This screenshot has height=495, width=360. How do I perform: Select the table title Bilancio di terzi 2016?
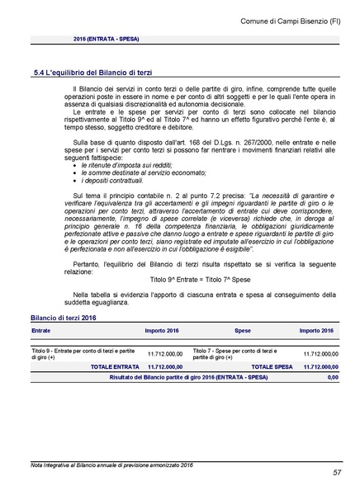(63, 317)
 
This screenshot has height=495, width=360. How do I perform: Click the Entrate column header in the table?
(40, 330)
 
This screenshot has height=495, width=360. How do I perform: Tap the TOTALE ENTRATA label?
(115, 365)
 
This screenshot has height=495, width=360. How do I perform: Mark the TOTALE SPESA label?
(272, 365)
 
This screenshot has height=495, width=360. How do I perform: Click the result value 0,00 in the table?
(332, 377)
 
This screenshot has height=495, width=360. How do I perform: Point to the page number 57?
(338, 473)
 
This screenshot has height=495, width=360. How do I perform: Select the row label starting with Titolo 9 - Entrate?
(83, 354)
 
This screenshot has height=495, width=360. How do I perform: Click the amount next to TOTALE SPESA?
(320, 365)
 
